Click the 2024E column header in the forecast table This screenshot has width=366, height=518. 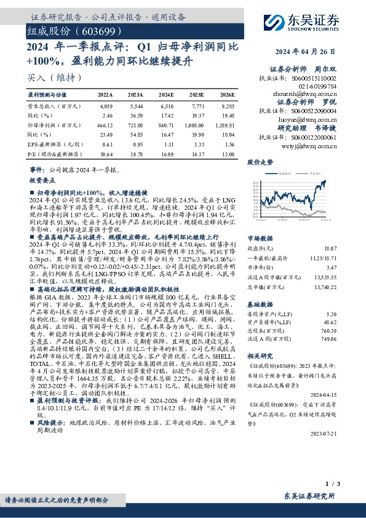(x=167, y=95)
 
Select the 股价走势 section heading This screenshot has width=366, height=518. (x=260, y=162)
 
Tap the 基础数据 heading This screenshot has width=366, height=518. (x=260, y=305)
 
